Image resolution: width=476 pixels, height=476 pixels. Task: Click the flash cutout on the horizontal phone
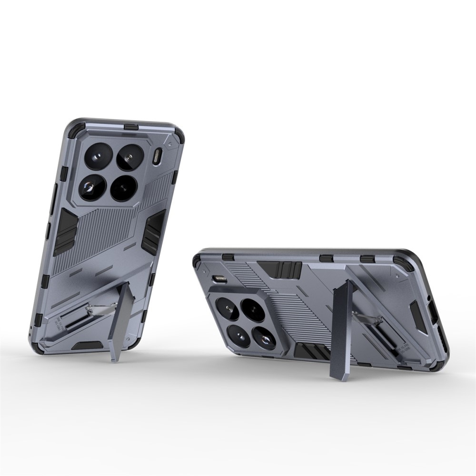point(220,279)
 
